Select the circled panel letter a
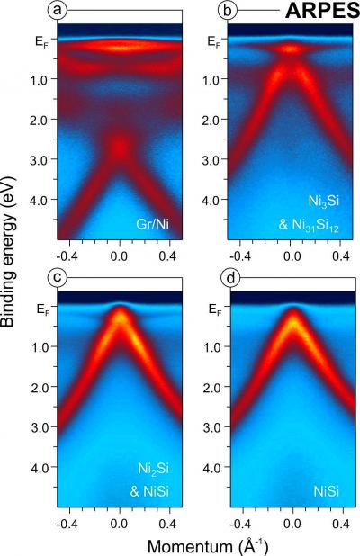56,11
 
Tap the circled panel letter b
229,11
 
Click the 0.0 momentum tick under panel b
291,255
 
